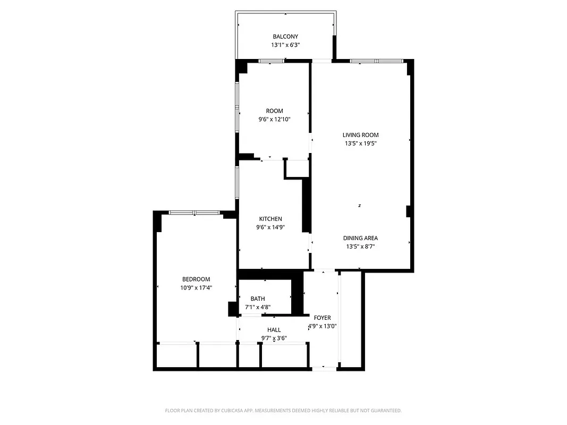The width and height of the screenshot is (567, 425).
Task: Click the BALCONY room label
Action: [285, 37]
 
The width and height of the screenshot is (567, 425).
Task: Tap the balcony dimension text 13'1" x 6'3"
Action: [285, 45]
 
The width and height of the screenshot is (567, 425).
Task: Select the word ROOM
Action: [274, 111]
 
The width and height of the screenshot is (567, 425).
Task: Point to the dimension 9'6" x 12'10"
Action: [274, 120]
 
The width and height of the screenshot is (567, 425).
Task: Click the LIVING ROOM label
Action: [360, 135]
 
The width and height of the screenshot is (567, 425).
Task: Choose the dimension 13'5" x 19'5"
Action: [360, 143]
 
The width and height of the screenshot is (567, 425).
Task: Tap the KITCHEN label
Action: [270, 219]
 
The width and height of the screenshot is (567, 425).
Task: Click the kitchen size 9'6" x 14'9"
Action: [270, 227]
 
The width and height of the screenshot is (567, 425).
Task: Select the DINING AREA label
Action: [360, 238]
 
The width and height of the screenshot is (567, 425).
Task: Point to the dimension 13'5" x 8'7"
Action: [360, 246]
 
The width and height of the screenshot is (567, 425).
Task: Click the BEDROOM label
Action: [196, 279]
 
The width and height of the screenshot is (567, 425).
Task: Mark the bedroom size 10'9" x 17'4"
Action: [196, 288]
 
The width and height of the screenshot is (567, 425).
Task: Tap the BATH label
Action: [258, 299]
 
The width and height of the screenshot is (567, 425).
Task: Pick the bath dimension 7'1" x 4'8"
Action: [258, 307]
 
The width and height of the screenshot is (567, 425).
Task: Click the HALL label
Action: [274, 330]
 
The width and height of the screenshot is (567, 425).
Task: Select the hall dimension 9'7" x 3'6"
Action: [274, 338]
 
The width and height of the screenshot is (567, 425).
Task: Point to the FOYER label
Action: [322, 318]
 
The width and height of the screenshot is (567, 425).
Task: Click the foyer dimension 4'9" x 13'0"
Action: [323, 326]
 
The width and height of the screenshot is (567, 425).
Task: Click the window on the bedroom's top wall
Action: [194, 212]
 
